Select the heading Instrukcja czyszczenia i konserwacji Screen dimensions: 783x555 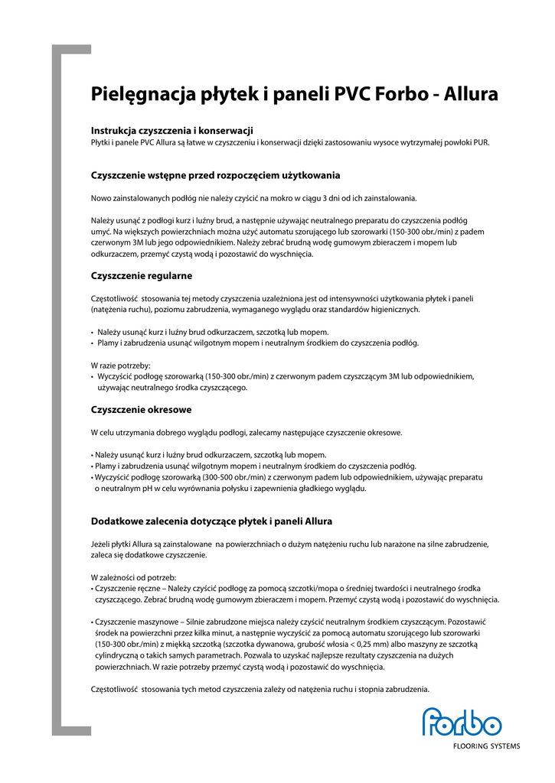pos(172,131)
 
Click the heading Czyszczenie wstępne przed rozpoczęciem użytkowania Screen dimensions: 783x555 pos(215,175)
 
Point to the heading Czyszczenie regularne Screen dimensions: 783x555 pos(142,275)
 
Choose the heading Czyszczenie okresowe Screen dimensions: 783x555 pos(141,410)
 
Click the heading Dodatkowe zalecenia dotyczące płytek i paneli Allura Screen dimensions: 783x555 pos(211,521)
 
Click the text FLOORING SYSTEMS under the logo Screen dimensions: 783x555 pos(486,746)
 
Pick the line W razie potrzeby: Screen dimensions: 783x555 pos(121,366)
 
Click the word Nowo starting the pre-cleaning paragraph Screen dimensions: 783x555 pos(101,198)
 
